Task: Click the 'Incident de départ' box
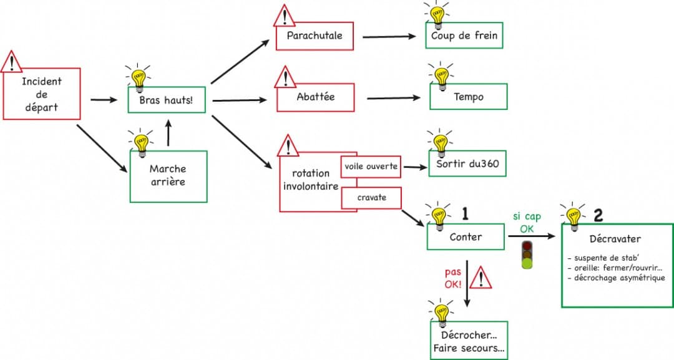pos(42,94)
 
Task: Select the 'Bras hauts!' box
pos(167,100)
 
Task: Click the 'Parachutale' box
pos(315,36)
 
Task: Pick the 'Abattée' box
pos(315,97)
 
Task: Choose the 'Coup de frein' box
pos(464,36)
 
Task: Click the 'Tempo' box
pos(468,97)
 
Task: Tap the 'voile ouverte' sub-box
pos(371,167)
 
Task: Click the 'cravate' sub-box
pos(371,198)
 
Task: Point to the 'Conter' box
pos(466,237)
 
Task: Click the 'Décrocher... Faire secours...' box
pos(469,341)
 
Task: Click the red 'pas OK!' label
pos(452,278)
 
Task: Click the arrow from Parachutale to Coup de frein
pos(388,36)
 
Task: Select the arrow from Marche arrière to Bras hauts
pos(168,133)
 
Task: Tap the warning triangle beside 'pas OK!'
pos(480,278)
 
